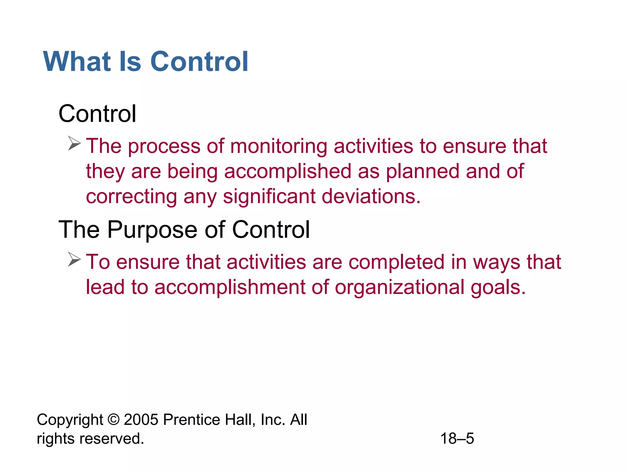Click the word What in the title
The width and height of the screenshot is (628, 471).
pos(77,62)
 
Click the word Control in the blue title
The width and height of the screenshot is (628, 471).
pos(199,62)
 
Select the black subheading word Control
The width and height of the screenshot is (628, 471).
pos(97,114)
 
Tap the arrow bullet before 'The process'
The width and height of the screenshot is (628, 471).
pos(74,144)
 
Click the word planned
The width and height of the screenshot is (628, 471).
pos(423,171)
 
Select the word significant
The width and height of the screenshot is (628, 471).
pos(269,197)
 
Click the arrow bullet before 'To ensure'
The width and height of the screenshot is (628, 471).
pos(74,259)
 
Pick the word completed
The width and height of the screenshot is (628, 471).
pos(396,262)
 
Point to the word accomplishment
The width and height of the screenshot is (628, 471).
pos(230,287)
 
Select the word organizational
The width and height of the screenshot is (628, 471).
pos(400,287)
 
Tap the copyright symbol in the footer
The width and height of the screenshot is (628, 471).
pos(113,419)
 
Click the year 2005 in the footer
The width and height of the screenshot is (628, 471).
pos(141,419)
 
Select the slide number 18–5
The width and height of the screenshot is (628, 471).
pos(457,438)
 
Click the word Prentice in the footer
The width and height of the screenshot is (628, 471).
pos(191,419)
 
